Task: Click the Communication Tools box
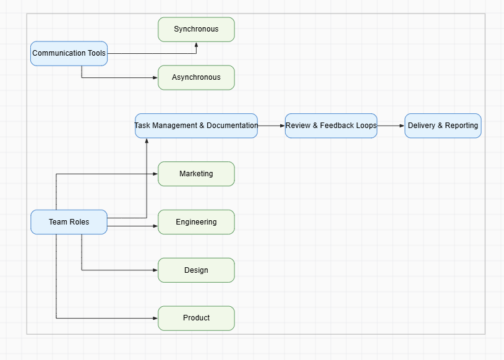[x=69, y=53]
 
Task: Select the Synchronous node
[x=196, y=29]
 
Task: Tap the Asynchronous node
[x=196, y=77]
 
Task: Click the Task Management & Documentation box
[x=196, y=126]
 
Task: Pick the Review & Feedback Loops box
[x=331, y=126]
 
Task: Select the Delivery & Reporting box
[x=443, y=126]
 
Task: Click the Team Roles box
[x=69, y=222]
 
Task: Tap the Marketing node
[x=196, y=174]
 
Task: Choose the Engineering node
[x=196, y=222]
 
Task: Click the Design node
[x=196, y=270]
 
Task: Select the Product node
[x=196, y=318]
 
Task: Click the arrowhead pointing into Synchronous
[x=197, y=45]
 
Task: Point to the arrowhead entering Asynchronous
[x=155, y=77]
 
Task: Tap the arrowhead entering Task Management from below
[x=147, y=141]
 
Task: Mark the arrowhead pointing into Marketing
[x=155, y=174]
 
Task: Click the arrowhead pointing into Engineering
[x=155, y=226]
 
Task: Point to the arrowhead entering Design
[x=155, y=270]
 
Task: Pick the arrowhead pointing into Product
[x=155, y=318]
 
